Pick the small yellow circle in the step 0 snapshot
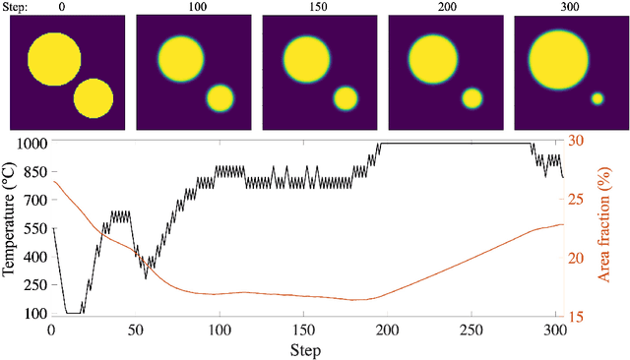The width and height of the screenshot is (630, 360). [94, 97]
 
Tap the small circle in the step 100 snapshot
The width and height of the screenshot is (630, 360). [220, 97]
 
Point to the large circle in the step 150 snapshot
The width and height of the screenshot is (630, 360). [305, 59]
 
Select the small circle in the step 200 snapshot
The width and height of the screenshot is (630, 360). [472, 97]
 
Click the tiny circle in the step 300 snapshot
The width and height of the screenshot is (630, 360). [597, 98]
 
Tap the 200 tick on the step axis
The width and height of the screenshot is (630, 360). [389, 330]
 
